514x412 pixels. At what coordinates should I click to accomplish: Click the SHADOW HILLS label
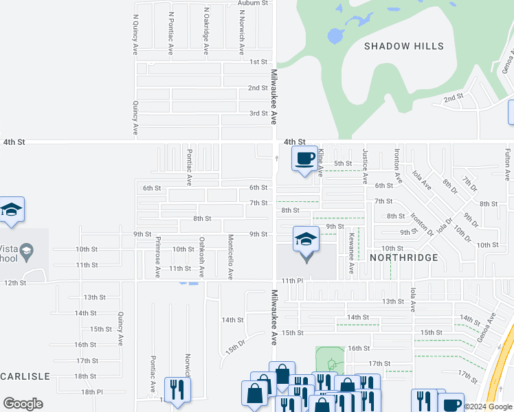[403, 46]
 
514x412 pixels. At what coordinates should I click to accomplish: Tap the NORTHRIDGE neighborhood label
[404, 257]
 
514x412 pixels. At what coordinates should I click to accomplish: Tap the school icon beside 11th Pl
[306, 240]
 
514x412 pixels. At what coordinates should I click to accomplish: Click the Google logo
[23, 404]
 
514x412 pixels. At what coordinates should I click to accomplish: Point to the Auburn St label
[252, 3]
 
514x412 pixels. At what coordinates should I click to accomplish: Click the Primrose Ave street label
[158, 257]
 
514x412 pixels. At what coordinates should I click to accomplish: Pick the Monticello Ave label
[231, 257]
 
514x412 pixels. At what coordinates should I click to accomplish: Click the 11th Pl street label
[291, 281]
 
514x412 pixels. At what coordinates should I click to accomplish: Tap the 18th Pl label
[92, 391]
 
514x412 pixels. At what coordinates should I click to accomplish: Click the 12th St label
[14, 282]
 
